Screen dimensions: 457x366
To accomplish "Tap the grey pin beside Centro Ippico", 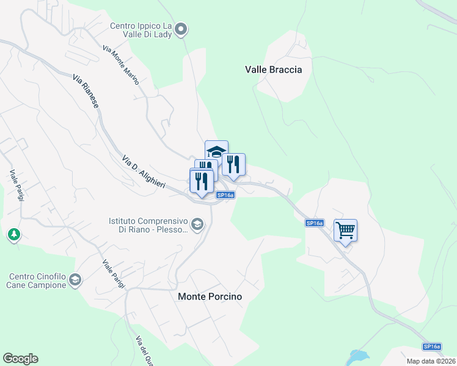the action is coord(181,29).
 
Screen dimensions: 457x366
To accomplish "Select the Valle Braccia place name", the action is coord(274,70).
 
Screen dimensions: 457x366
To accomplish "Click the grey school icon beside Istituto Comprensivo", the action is coord(197,225).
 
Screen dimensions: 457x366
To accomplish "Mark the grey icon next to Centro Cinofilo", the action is coord(75,280).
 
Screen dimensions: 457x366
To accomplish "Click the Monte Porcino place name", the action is coord(210,296).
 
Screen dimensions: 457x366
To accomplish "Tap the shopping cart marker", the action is coord(346,231).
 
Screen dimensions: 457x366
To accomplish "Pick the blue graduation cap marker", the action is coord(216,151).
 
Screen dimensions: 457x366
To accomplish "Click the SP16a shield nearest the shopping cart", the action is coord(315,224).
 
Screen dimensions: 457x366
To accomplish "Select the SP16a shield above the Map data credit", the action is coord(432,346).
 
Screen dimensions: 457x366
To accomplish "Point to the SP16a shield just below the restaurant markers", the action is coord(225,195).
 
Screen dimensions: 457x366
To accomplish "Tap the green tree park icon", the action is coord(13,234).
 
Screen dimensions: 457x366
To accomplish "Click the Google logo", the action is coord(20,359).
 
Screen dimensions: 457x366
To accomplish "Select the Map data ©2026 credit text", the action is coord(431,361).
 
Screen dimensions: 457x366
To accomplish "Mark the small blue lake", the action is coord(358,357).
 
